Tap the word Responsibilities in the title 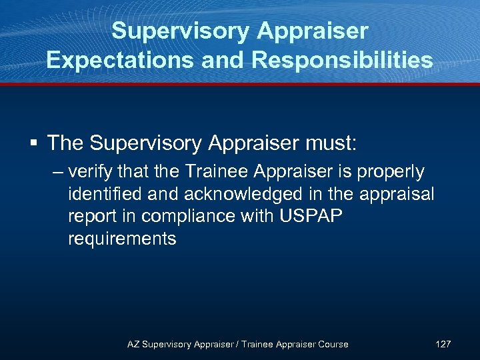(x=342, y=60)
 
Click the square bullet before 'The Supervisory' (x=33, y=143)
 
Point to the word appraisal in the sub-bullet (x=397, y=194)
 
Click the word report (x=89, y=217)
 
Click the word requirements (x=122, y=239)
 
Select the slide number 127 (x=443, y=344)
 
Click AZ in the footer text (x=133, y=344)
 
